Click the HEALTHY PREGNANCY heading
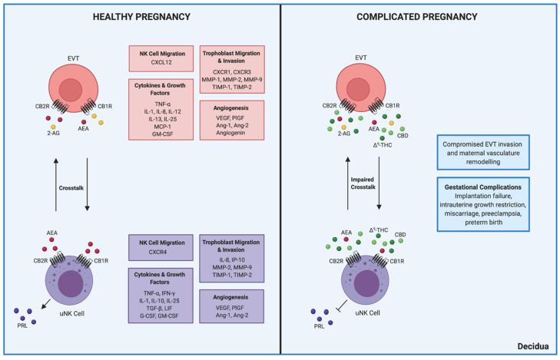[x=140, y=18]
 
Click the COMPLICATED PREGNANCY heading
[x=418, y=18]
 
